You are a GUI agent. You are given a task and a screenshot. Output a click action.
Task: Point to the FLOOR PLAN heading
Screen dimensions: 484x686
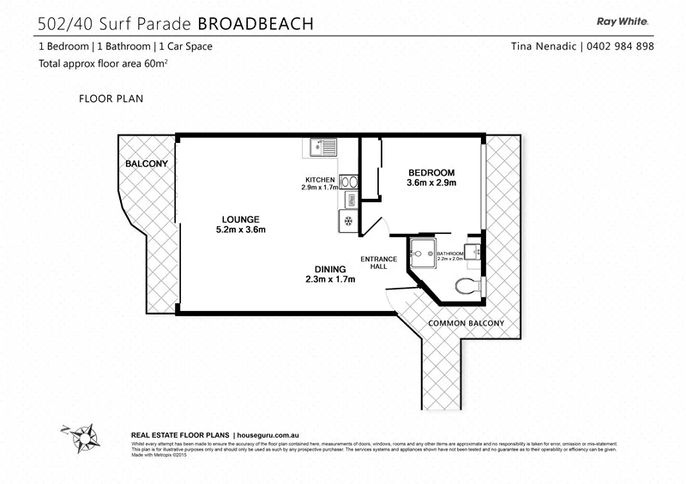click(x=111, y=99)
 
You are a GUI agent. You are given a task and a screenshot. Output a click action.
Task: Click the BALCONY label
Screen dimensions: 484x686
click(x=147, y=163)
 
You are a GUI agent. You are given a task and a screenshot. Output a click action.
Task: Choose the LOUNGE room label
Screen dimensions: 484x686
click(x=240, y=218)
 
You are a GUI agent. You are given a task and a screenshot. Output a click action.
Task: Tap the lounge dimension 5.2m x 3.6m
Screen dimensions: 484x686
click(x=240, y=230)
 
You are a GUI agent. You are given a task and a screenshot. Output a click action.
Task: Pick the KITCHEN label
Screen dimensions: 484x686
click(x=317, y=179)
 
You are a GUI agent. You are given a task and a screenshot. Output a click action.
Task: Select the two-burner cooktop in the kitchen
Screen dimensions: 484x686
click(x=349, y=181)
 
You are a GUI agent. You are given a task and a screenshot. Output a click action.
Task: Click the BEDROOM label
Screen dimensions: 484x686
click(x=431, y=171)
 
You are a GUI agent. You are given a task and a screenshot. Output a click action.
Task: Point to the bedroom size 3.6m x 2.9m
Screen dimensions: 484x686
click(x=431, y=182)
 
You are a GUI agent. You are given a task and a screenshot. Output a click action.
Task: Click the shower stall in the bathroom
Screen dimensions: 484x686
click(x=420, y=254)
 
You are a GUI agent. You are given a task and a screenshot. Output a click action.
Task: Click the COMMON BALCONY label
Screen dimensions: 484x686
click(x=466, y=323)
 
